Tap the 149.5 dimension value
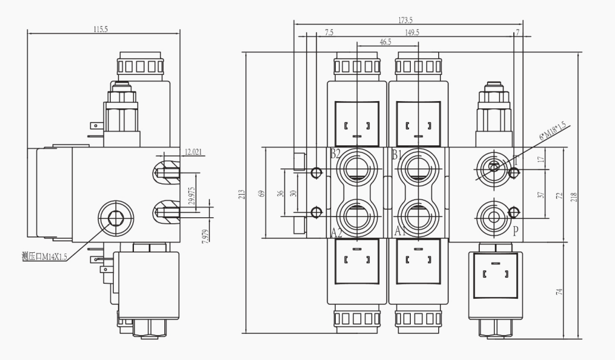tap(411, 33)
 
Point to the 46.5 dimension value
tap(385, 42)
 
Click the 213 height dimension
tap(241, 194)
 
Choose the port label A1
tap(399, 232)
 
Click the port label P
tap(516, 231)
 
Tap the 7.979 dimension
tap(204, 236)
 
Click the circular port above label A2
tap(356, 212)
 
